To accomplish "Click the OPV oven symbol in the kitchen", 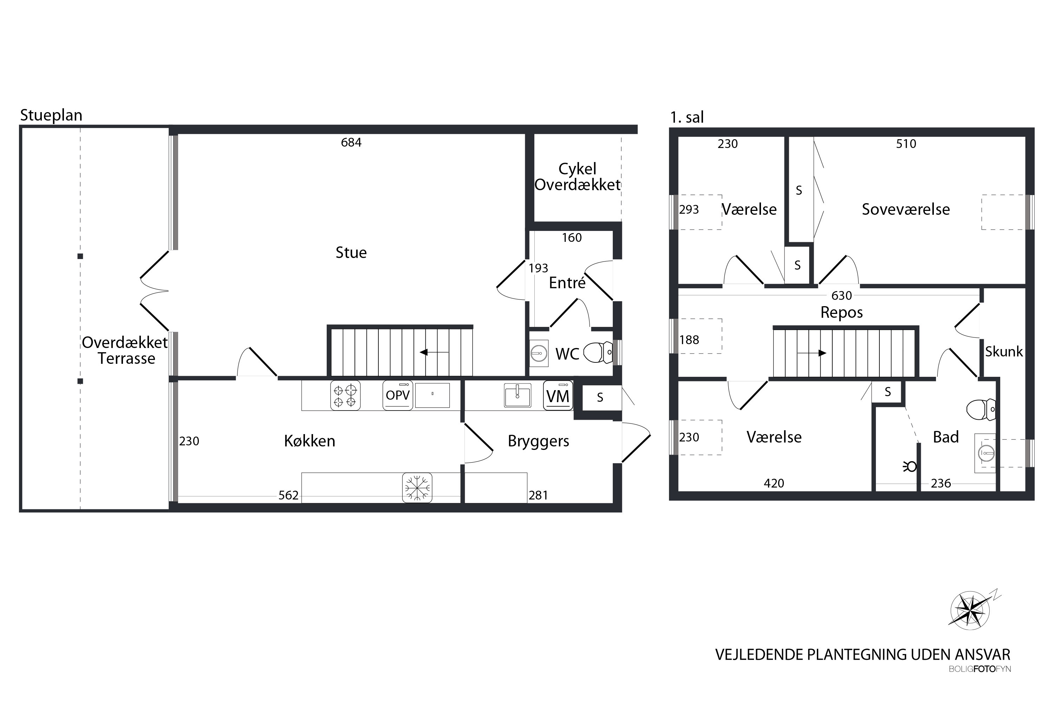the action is pyautogui.click(x=397, y=395).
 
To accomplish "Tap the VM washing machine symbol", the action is pyautogui.click(x=558, y=395).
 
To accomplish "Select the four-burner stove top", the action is pyautogui.click(x=345, y=395).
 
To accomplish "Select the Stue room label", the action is pyautogui.click(x=351, y=253).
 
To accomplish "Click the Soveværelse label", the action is pyautogui.click(x=906, y=209).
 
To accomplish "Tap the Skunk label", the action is pyautogui.click(x=1004, y=351).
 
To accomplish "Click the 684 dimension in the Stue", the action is pyautogui.click(x=351, y=143).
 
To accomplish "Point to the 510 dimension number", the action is pyautogui.click(x=906, y=144).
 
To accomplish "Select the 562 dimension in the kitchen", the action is pyautogui.click(x=288, y=495).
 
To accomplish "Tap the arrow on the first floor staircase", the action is pyautogui.click(x=812, y=353).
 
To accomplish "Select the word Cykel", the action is pyautogui.click(x=577, y=169).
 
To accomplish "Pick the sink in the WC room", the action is pyautogui.click(x=539, y=354).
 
